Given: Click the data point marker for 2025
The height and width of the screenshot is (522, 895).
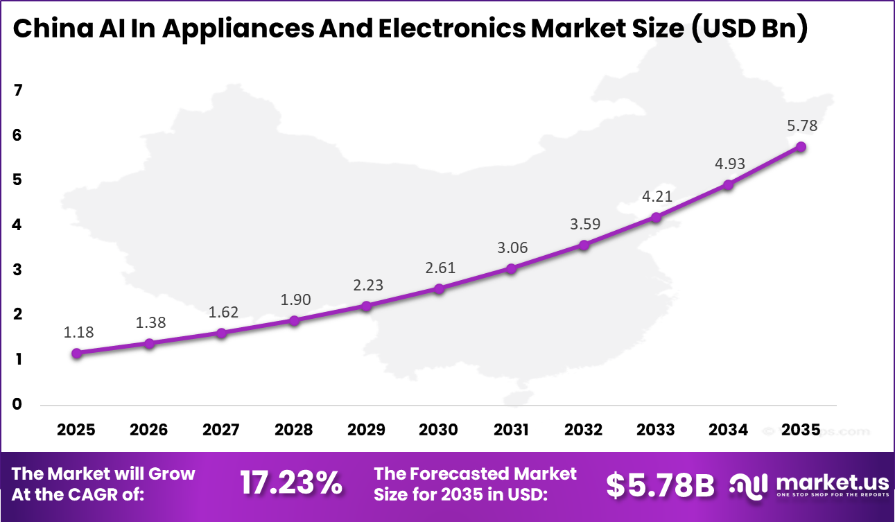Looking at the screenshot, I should (77, 353).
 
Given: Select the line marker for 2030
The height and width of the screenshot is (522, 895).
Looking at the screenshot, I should (439, 288).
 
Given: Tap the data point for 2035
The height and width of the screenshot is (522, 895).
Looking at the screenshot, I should (801, 147).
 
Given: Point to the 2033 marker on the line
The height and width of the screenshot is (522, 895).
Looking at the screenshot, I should (656, 218).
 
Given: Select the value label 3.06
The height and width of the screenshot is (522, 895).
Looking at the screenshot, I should (511, 247).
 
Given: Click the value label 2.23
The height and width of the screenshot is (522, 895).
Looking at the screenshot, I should (367, 285).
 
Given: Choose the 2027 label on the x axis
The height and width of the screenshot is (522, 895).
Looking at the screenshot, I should (221, 430).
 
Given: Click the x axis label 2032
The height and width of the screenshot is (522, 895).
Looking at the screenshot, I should (583, 430).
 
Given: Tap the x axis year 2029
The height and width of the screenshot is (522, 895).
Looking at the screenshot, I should (366, 430).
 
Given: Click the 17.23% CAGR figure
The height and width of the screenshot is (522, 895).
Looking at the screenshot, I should (291, 484).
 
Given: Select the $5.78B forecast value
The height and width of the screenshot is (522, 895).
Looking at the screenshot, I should (659, 485).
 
